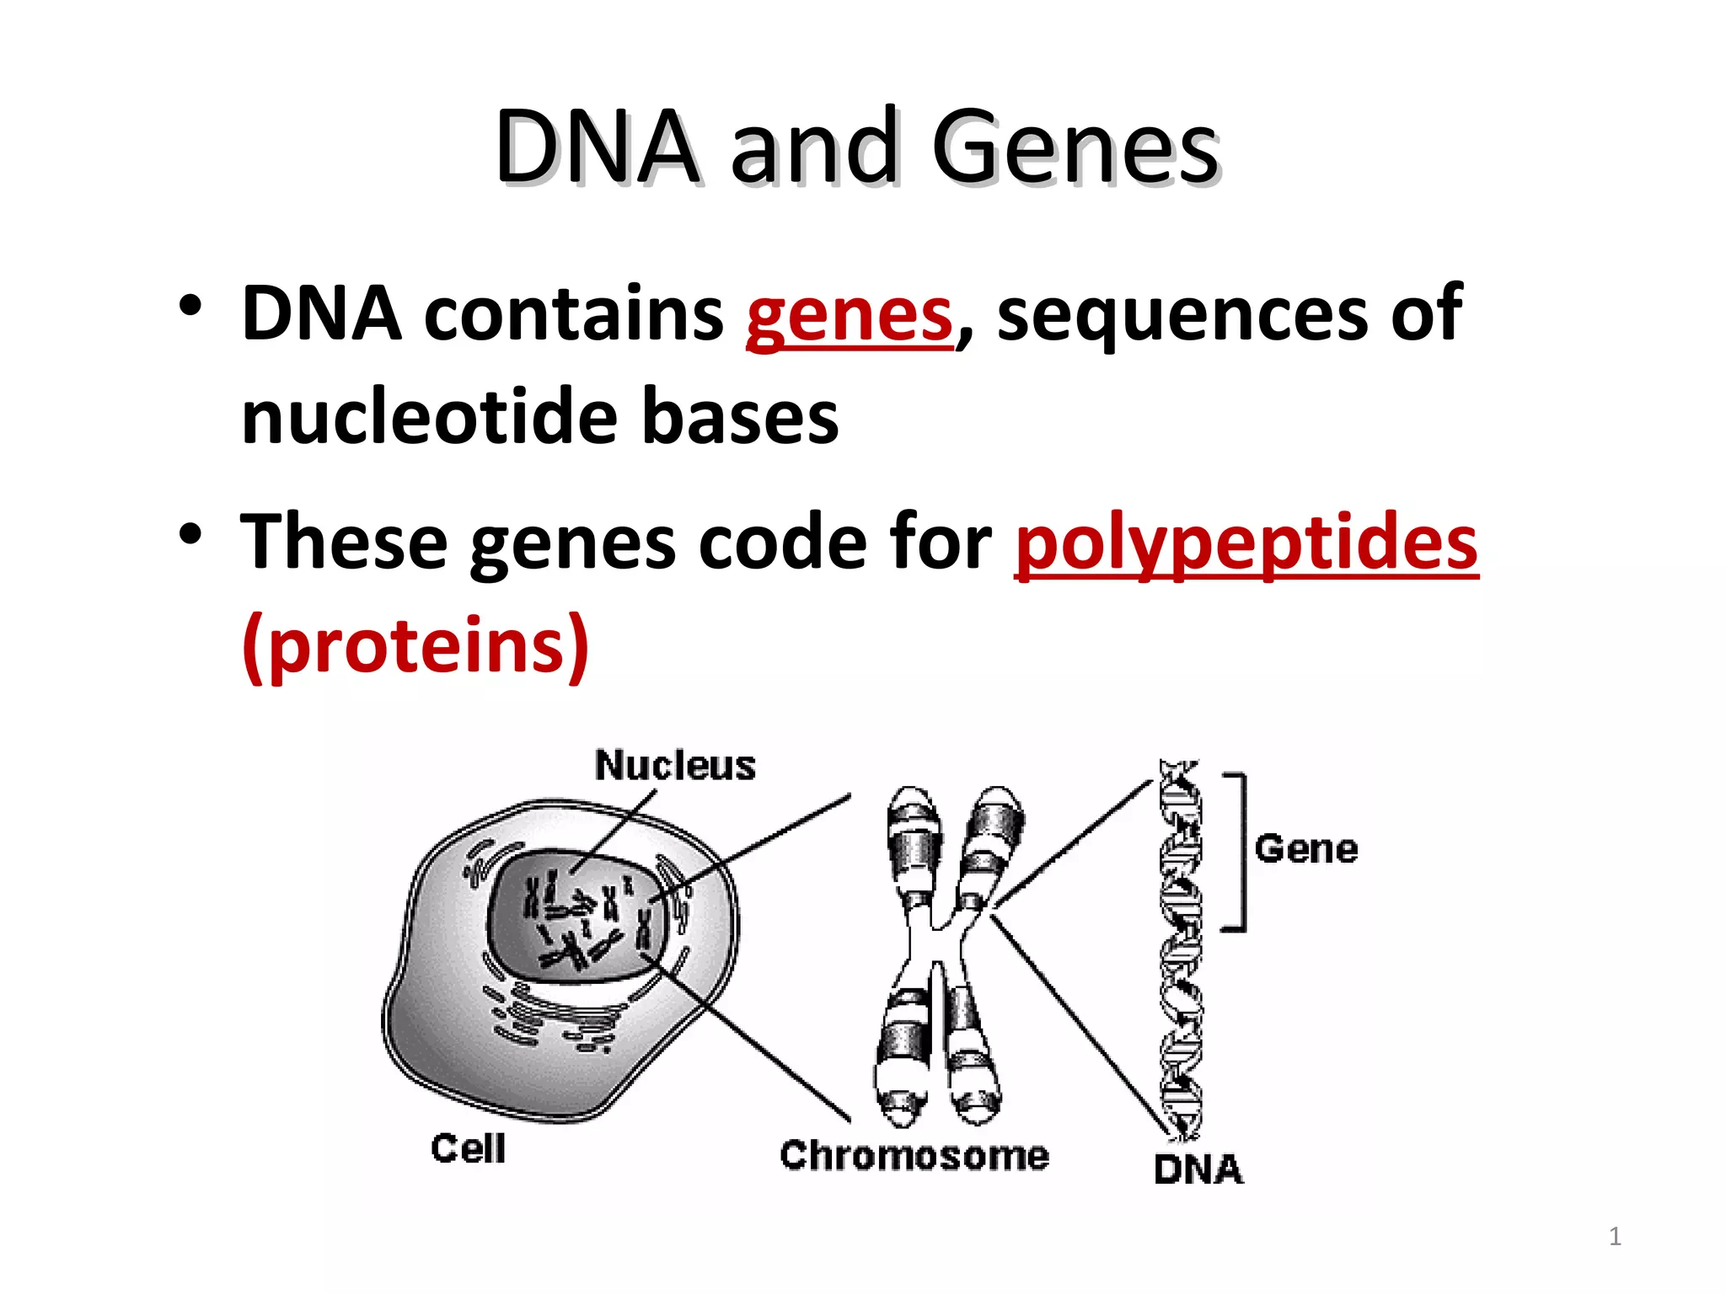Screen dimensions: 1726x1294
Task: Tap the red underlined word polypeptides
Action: (x=1246, y=544)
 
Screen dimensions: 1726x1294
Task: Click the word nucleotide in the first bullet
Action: (x=431, y=417)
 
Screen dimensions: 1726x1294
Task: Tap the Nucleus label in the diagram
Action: (x=675, y=766)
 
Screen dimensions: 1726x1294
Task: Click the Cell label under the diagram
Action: (x=469, y=1148)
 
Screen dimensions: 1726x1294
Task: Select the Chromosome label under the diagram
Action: (x=914, y=1155)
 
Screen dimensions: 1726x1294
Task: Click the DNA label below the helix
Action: (x=1198, y=1169)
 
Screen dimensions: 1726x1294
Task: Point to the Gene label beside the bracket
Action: (x=1306, y=848)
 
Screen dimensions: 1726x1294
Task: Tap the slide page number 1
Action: (x=1615, y=1237)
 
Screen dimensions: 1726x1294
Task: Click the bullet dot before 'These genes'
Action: (x=190, y=534)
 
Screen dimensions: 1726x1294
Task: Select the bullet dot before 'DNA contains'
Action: (x=190, y=306)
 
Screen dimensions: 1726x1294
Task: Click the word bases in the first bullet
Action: (x=740, y=417)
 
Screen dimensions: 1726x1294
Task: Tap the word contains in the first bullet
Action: (x=573, y=313)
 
